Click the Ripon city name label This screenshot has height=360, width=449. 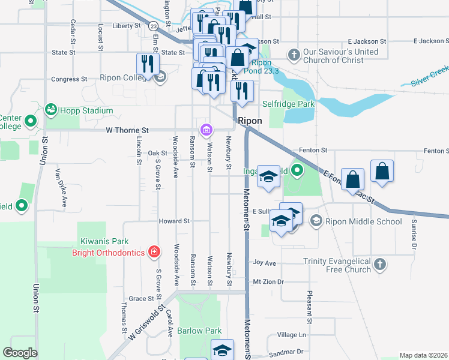coord(250,121)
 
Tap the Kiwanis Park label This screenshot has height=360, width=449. coord(105,242)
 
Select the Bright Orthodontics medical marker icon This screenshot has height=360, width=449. coord(154,253)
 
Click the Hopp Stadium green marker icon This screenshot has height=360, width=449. coord(50,110)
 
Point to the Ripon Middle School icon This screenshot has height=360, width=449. coord(316,221)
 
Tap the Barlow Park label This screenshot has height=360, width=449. coord(200,331)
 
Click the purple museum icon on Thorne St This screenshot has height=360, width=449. coord(206,130)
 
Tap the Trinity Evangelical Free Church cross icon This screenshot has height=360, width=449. coord(379,265)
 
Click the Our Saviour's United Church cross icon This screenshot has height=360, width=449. coord(294,55)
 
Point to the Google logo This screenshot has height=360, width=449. coord(20,353)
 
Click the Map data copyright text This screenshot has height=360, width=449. coord(423,355)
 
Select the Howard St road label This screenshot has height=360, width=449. coord(174,221)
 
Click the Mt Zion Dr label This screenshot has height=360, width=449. coord(268,281)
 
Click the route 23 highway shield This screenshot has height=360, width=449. coord(154,26)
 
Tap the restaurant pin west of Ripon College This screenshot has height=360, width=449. coord(146,64)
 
